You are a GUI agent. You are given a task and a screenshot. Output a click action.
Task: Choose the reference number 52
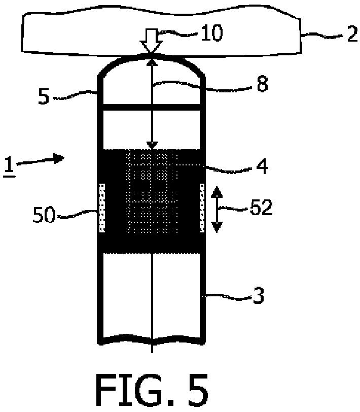(x=261, y=208)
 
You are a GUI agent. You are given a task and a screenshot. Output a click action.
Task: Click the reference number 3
(x=259, y=297)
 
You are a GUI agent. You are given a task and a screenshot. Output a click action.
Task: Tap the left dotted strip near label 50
(x=102, y=208)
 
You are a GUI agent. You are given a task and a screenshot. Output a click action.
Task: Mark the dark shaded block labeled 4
(x=152, y=201)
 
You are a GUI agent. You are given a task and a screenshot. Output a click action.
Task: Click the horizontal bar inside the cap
(x=152, y=107)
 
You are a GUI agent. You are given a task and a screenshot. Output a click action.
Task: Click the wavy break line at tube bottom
(x=152, y=339)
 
